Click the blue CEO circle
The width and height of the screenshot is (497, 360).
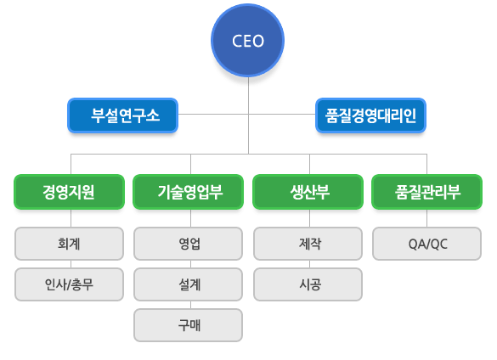(247, 40)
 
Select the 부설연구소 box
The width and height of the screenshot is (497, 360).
(122, 115)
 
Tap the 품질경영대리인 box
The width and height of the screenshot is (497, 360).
(370, 115)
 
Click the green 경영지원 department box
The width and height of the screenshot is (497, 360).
(69, 192)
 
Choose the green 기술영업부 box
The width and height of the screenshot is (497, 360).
(189, 192)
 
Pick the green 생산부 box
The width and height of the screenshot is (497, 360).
(308, 192)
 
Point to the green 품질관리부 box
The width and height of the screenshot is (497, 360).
(427, 192)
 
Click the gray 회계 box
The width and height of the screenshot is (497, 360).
(69, 244)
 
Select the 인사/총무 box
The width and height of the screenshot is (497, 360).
(69, 284)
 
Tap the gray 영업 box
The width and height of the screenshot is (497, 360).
(189, 244)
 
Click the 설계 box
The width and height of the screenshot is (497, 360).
(189, 284)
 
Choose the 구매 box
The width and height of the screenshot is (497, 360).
(189, 325)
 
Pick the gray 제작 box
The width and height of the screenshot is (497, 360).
(308, 244)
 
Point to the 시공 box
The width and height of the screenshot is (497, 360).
(308, 284)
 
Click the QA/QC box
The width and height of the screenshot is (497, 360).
(427, 244)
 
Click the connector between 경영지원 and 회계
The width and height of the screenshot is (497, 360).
(71, 218)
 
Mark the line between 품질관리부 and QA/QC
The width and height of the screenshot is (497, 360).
(427, 218)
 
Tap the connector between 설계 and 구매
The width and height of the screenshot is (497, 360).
(191, 305)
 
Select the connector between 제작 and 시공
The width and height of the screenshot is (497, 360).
(310, 264)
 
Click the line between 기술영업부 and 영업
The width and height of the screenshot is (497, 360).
(191, 218)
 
